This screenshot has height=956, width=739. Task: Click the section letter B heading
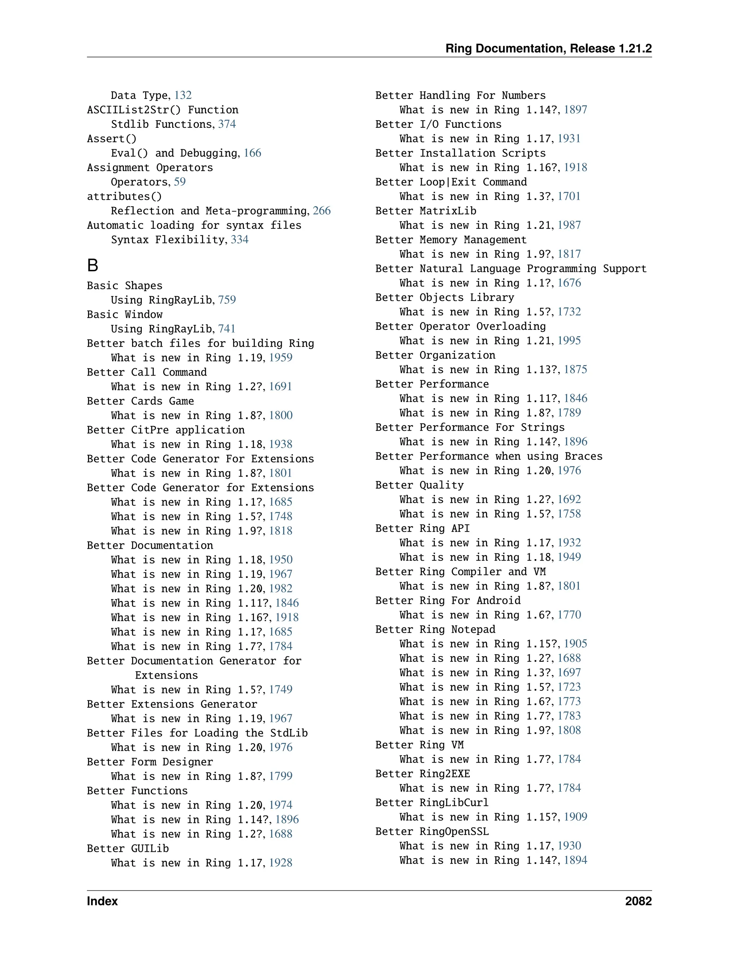click(92, 265)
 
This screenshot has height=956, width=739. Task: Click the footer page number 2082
click(638, 901)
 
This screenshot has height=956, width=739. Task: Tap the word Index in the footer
click(102, 901)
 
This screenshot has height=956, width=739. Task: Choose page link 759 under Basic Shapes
click(227, 300)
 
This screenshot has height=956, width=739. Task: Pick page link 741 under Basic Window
click(227, 329)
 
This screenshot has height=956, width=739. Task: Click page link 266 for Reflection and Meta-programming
click(322, 211)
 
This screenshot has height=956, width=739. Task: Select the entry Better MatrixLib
click(425, 211)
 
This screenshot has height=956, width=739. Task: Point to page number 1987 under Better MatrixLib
click(569, 225)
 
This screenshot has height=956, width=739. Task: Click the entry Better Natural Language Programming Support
click(511, 268)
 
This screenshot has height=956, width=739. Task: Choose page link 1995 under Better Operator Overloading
click(569, 341)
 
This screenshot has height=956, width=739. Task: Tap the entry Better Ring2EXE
click(423, 773)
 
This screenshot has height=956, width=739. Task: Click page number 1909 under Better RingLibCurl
click(575, 817)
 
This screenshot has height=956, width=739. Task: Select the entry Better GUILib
click(128, 848)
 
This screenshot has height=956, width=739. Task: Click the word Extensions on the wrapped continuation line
click(166, 675)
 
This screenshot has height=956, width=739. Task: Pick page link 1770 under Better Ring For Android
click(569, 615)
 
